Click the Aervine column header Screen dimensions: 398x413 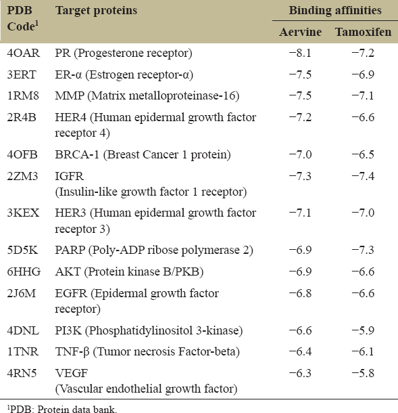(301, 32)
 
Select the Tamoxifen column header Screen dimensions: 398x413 (364, 32)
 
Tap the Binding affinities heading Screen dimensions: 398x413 (335, 11)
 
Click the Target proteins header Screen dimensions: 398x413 (96, 11)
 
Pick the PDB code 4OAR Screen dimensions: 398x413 (24, 53)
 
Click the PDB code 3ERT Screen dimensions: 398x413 (22, 74)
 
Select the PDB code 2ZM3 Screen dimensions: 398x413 (22, 176)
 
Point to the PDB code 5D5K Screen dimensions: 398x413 (22, 250)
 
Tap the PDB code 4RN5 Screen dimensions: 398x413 (22, 373)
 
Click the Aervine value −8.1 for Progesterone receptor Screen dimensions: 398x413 (300, 53)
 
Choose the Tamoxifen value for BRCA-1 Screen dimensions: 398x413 (363, 154)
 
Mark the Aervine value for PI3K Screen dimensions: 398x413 (300, 330)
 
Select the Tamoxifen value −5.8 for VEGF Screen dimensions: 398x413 (363, 373)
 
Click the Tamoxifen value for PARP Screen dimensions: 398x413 (363, 250)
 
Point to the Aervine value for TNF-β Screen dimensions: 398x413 (300, 351)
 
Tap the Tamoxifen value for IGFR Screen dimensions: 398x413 (363, 176)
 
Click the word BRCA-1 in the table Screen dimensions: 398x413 (77, 154)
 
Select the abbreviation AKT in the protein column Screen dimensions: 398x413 (68, 271)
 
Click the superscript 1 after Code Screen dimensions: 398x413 (36, 24)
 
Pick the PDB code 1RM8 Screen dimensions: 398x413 (23, 95)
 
